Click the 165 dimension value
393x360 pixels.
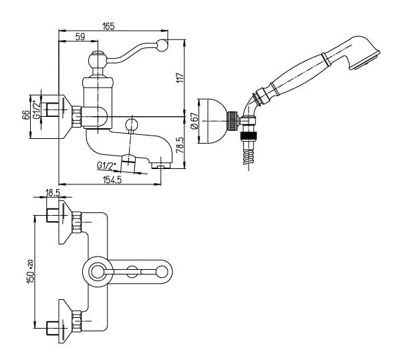coord(108,26)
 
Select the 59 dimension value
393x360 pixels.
coord(80,37)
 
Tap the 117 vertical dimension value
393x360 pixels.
coord(180,78)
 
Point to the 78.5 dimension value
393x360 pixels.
coord(180,146)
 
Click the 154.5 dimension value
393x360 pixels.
coord(112,180)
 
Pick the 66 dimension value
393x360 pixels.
coord(25,116)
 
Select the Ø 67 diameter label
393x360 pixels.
coord(194,121)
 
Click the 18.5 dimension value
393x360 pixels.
coord(52,192)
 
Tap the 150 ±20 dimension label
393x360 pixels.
coord(30,272)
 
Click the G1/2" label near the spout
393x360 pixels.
coord(106,166)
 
